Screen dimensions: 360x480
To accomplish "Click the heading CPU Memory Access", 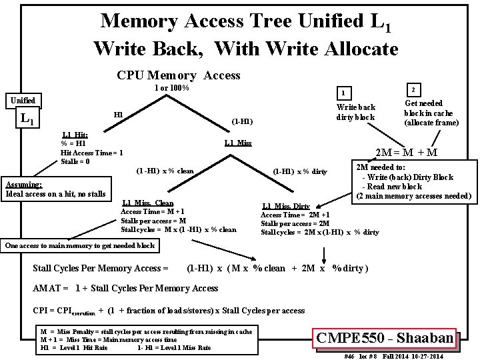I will coord(178,75).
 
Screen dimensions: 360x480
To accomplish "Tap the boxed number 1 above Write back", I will coord(342,93).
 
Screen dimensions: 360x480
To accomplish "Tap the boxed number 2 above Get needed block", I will coord(413,89).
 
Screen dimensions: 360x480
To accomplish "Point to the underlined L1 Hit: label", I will coord(75,135).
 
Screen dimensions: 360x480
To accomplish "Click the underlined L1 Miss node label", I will coord(237,143).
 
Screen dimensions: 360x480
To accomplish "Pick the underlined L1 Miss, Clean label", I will coord(148,203).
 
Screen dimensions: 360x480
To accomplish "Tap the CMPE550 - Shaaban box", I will coord(386,338).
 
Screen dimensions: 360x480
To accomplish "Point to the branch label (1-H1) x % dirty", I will coord(300,172).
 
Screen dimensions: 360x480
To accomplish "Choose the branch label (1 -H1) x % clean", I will coord(165,171).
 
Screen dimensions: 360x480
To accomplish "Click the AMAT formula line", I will coord(125,288).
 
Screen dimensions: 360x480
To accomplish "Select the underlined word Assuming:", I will coord(24,185).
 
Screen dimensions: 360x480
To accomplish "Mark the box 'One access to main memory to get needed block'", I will coord(80,245).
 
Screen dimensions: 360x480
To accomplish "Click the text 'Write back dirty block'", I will coord(356,112).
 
